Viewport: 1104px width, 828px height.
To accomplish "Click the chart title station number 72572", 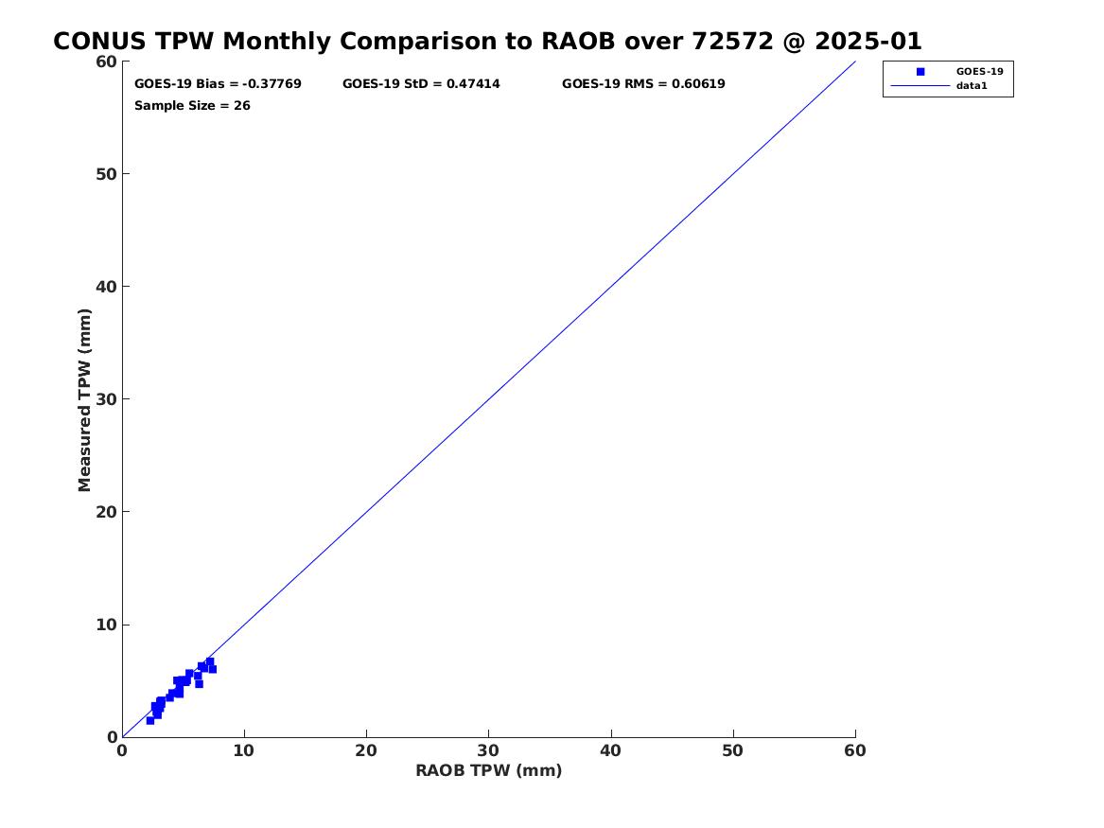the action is tap(733, 42).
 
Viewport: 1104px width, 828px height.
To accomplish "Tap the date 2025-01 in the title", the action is tap(868, 42).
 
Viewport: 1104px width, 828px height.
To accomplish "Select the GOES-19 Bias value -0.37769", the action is tap(272, 84).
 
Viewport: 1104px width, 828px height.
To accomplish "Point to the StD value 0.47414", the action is tap(473, 84).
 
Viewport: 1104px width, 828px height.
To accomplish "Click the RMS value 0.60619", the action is tap(698, 84).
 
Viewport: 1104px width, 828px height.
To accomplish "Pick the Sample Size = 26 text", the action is tap(192, 106).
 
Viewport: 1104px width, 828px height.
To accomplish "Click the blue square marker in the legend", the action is tap(920, 72).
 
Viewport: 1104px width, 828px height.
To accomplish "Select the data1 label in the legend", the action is tap(972, 86).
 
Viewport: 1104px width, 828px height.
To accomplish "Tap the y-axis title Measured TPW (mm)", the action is tap(84, 400).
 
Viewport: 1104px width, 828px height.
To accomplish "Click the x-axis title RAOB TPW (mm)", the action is tap(489, 770).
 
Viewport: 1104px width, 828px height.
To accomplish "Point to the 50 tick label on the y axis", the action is tap(106, 174).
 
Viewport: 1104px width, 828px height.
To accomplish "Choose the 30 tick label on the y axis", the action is tap(106, 399).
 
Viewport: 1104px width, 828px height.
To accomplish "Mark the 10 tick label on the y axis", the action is tap(106, 625).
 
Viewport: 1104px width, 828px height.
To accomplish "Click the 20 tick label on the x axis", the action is tap(366, 750).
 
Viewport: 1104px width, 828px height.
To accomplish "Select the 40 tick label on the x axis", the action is tap(610, 750).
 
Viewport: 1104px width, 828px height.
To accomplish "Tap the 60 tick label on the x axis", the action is tap(855, 750).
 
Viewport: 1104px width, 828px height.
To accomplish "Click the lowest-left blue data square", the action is tap(150, 720).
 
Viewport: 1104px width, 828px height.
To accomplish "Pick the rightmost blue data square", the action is tap(213, 669).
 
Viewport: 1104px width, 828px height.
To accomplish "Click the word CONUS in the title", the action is tap(100, 42).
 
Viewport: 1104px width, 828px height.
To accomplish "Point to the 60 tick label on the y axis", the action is tap(106, 62).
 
